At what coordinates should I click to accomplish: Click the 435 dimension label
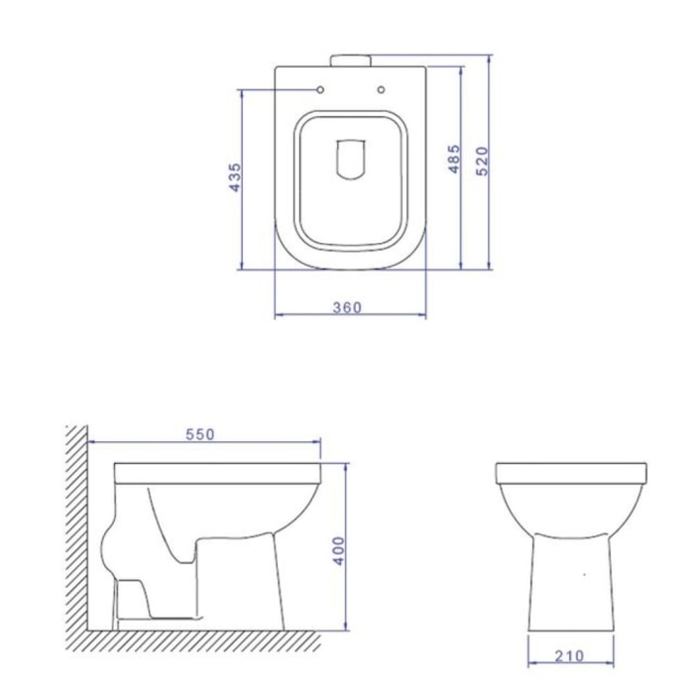235,177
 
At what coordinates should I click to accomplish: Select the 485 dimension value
454,159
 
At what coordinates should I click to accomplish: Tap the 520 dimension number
482,161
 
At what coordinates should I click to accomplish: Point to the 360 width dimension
347,307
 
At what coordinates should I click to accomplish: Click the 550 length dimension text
200,434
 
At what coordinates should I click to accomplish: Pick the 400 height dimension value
339,550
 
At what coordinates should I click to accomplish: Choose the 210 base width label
570,656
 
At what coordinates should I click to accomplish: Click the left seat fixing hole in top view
320,90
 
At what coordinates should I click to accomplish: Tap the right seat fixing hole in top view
381,89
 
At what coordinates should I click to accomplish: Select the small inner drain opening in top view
351,160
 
